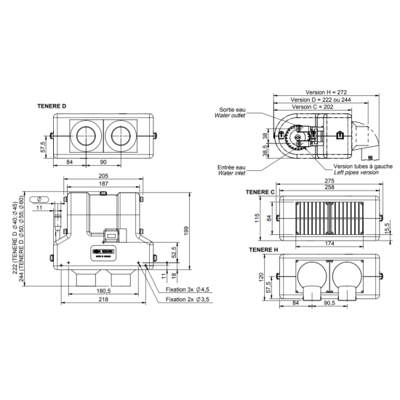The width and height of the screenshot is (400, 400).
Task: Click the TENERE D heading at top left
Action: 52,106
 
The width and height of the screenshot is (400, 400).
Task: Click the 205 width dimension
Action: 103,177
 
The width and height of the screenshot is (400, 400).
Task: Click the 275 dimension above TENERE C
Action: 329,180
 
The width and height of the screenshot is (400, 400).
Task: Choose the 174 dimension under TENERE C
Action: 330,241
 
